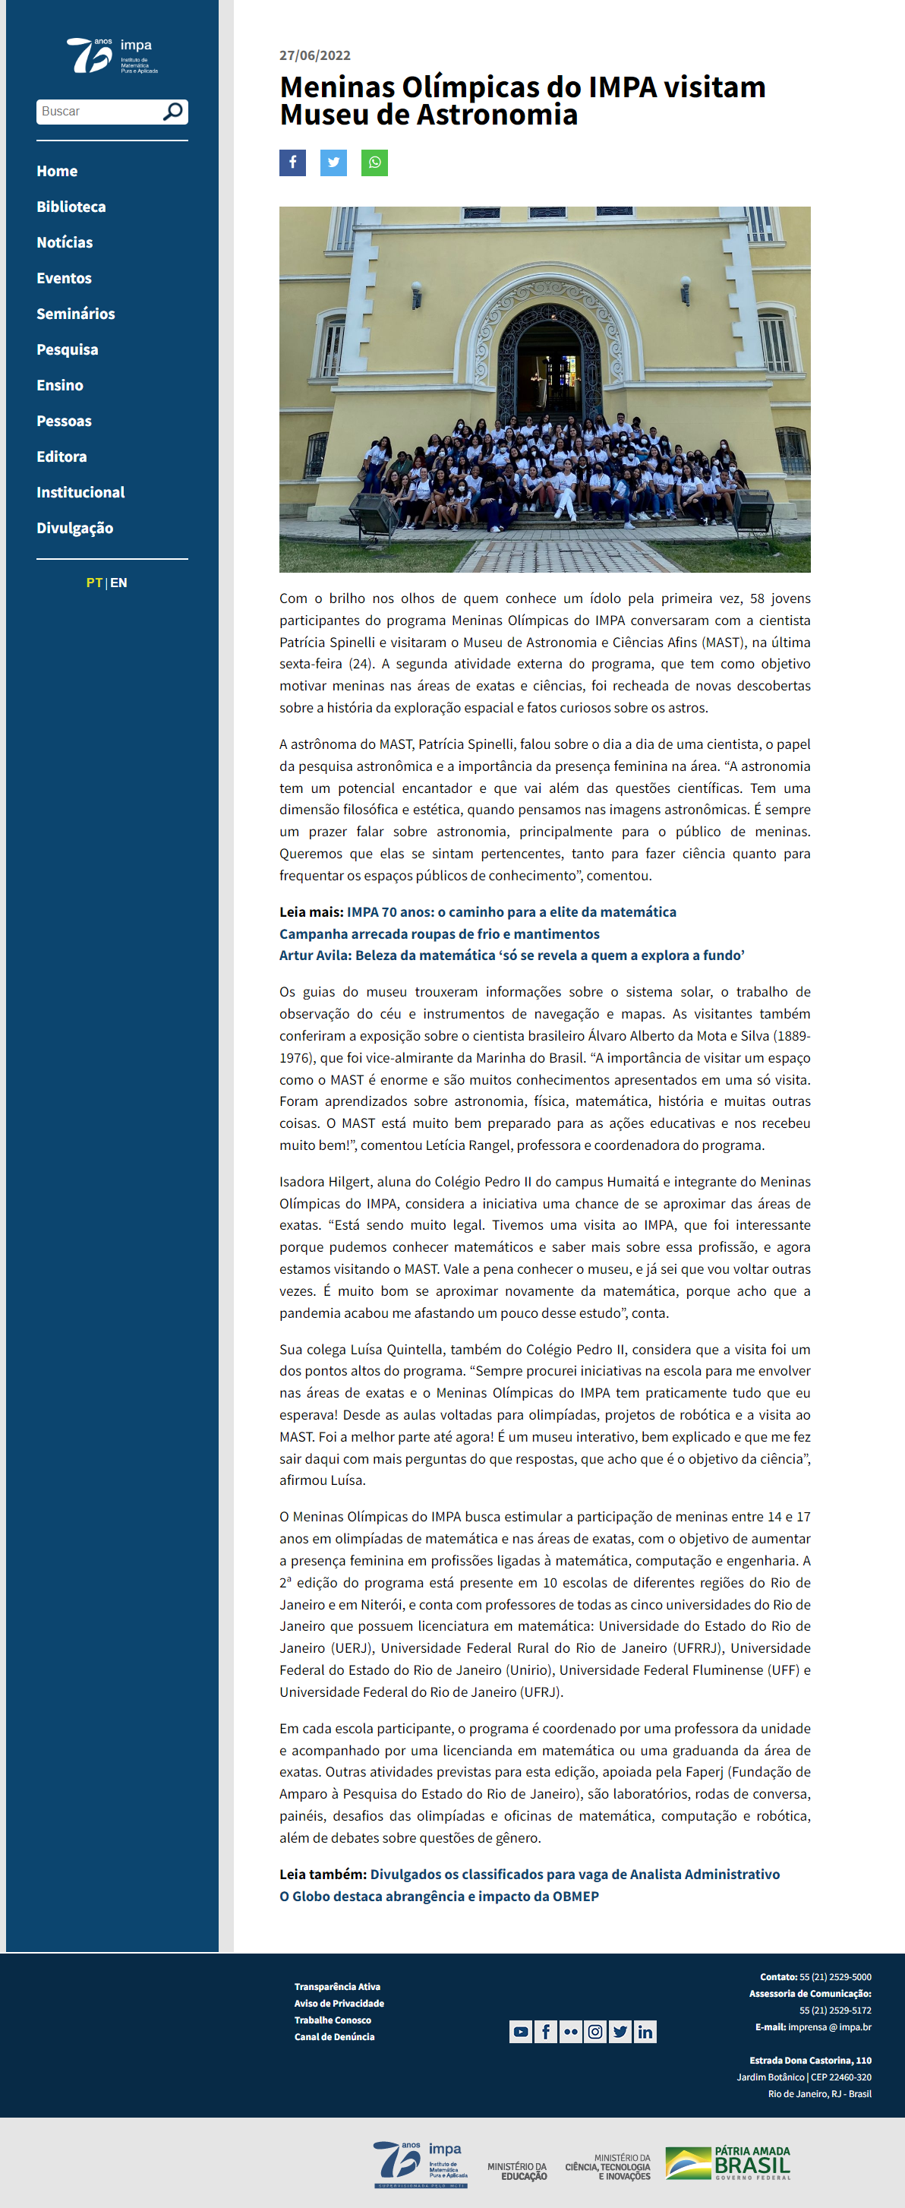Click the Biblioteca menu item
[x=71, y=207]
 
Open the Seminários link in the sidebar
[x=75, y=314]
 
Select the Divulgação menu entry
[x=74, y=528]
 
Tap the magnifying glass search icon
[x=173, y=112]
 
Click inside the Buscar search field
[x=99, y=112]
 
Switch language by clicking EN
[x=118, y=583]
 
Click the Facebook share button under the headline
[x=292, y=163]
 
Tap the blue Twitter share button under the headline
[x=333, y=163]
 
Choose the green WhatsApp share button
[x=374, y=163]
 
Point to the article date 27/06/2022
[x=314, y=55]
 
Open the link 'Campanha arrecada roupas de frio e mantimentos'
[x=439, y=933]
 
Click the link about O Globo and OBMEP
[x=439, y=1896]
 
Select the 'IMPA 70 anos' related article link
[x=511, y=912]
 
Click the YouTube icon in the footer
[x=520, y=2032]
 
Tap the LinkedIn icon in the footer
[x=645, y=2032]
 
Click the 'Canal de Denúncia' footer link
[x=334, y=2036]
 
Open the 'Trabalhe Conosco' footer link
[x=333, y=2020]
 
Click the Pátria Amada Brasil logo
[x=727, y=2162]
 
